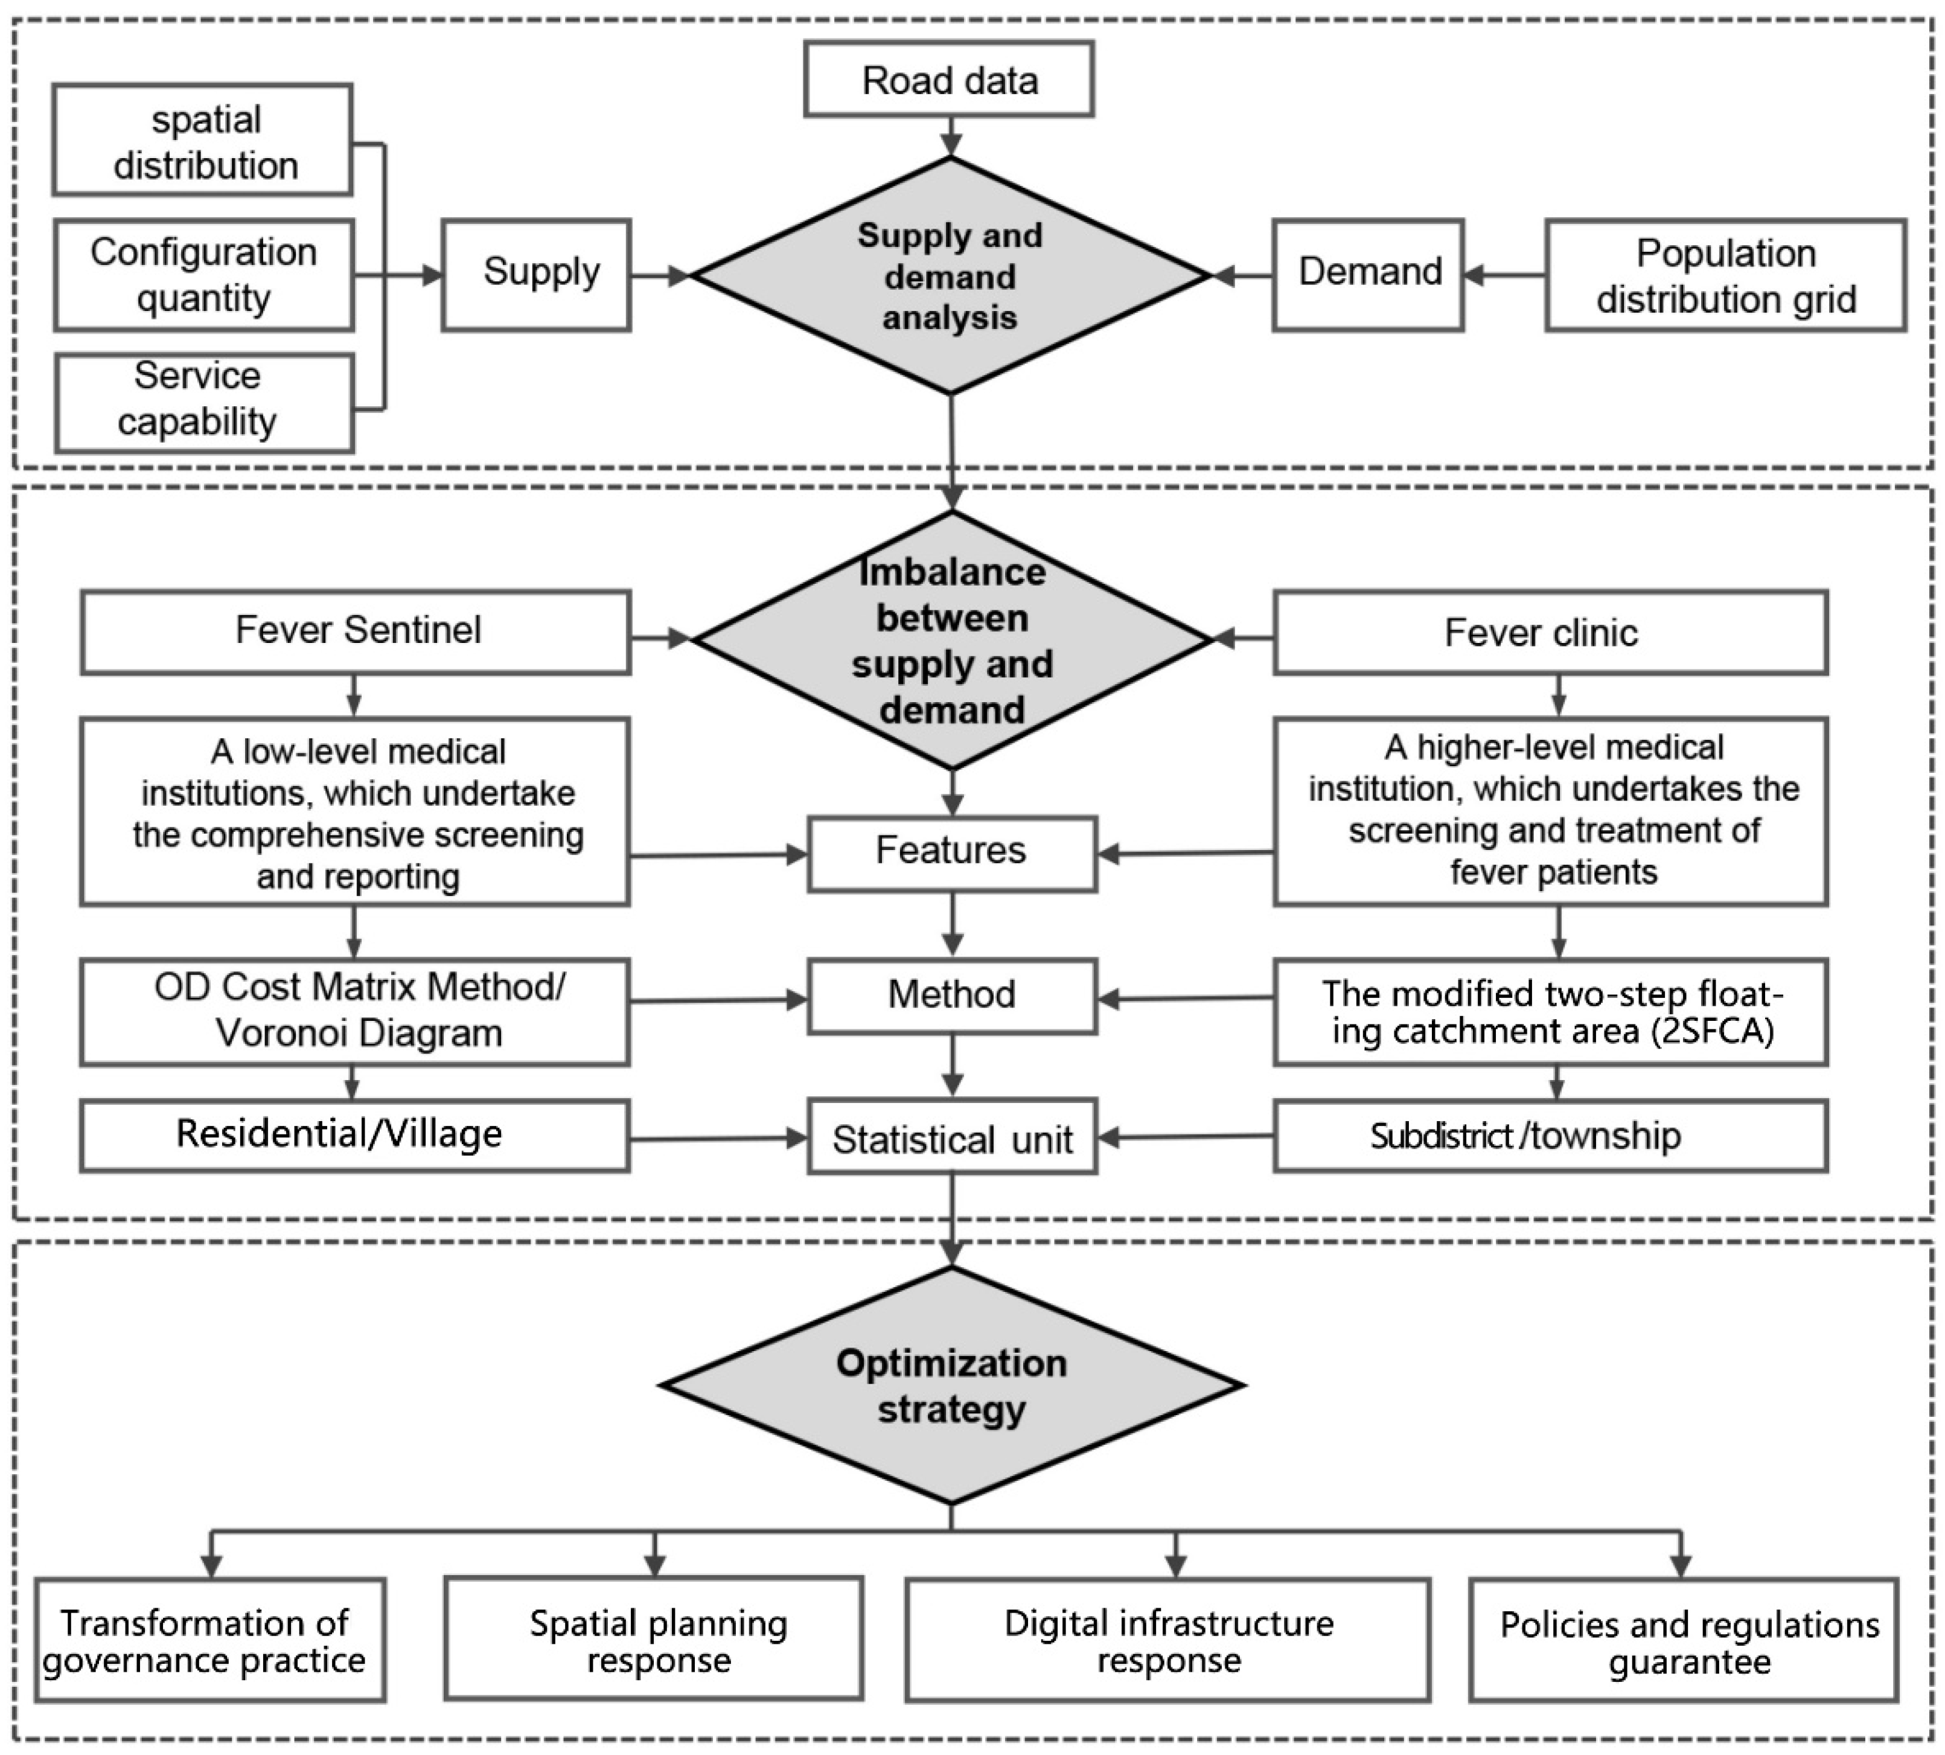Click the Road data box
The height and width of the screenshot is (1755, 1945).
(949, 79)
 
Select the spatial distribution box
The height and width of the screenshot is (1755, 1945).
(202, 141)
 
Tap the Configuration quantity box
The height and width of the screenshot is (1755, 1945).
(203, 275)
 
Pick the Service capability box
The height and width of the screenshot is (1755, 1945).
(203, 401)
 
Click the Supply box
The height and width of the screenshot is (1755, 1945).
(536, 275)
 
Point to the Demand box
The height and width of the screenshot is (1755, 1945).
(1367, 275)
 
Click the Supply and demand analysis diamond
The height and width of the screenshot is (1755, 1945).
(950, 277)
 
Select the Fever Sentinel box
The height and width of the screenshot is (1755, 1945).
(356, 631)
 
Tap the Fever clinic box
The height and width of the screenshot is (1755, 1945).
(1550, 633)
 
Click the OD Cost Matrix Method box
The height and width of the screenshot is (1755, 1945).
(356, 1011)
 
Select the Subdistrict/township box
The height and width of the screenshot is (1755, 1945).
(1550, 1137)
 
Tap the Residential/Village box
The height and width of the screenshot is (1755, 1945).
(356, 1135)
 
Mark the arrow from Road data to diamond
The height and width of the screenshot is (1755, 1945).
(951, 136)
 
